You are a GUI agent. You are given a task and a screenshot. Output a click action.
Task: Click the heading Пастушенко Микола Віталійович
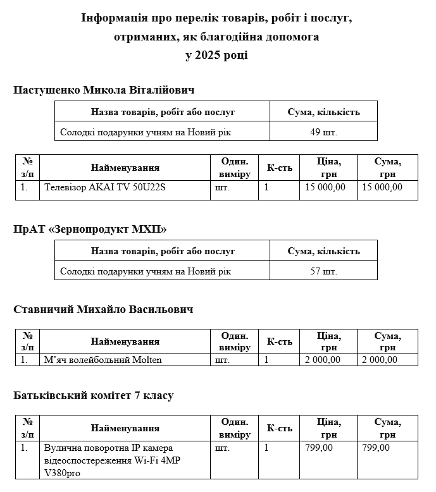pos(104,90)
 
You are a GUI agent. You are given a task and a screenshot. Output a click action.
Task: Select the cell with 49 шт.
pos(323,132)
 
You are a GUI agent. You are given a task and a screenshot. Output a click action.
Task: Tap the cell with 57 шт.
pos(323,271)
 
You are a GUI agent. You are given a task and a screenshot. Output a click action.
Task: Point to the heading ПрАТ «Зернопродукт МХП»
pos(90,228)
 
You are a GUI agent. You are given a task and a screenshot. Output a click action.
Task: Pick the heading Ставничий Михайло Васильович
pos(103,310)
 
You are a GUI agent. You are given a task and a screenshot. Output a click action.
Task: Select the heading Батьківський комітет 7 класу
pos(93,396)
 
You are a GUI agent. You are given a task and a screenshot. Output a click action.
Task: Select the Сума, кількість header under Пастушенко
pos(323,112)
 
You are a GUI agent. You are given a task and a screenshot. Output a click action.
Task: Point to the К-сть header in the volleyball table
pos(279,341)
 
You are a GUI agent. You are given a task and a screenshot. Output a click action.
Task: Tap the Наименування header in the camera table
pos(125,428)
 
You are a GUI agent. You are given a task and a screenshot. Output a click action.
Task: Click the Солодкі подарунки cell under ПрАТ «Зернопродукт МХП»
pos(146,271)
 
